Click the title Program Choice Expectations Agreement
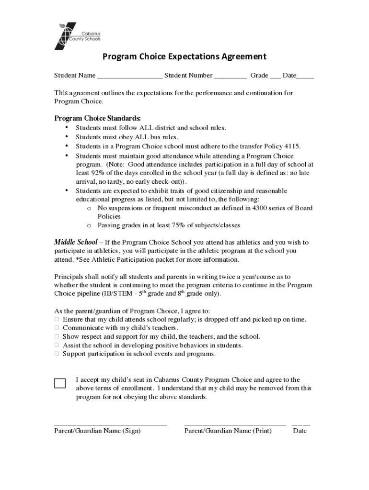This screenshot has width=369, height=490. point(184,57)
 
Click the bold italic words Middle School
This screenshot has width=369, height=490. point(76,242)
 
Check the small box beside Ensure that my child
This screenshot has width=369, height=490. point(57,319)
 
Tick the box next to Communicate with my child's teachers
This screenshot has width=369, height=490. point(57,328)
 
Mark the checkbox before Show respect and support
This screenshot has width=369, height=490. point(57,337)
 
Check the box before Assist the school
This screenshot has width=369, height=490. point(57,345)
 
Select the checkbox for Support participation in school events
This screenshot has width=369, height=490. point(57,354)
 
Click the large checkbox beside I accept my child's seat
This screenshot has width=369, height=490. point(60,383)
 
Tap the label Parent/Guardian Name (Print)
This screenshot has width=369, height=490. point(228,431)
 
